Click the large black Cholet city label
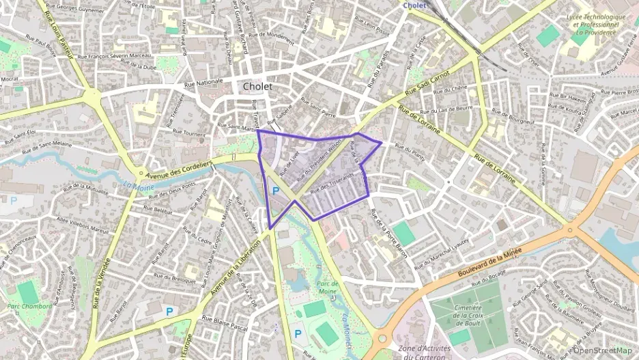click(x=257, y=87)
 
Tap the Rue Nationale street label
click(x=204, y=81)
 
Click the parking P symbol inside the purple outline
click(x=275, y=191)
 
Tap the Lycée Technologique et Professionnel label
click(x=595, y=24)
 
